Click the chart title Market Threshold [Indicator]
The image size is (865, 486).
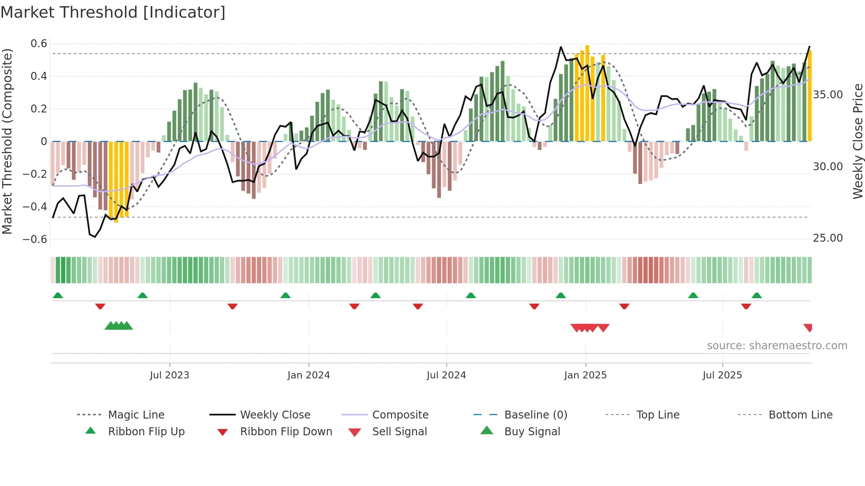[113, 12]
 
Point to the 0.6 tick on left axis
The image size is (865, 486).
[39, 44]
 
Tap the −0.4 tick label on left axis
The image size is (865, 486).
[35, 206]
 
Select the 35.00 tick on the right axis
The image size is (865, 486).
[827, 95]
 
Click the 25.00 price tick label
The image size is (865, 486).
[827, 238]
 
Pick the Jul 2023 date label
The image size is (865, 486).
[169, 375]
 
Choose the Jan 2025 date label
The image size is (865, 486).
[585, 375]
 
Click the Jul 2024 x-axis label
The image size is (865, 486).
[446, 375]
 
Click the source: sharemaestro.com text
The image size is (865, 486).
[777, 346]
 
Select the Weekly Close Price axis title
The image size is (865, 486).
[857, 141]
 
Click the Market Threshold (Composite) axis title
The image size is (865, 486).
[7, 141]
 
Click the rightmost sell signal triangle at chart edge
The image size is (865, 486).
[808, 327]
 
